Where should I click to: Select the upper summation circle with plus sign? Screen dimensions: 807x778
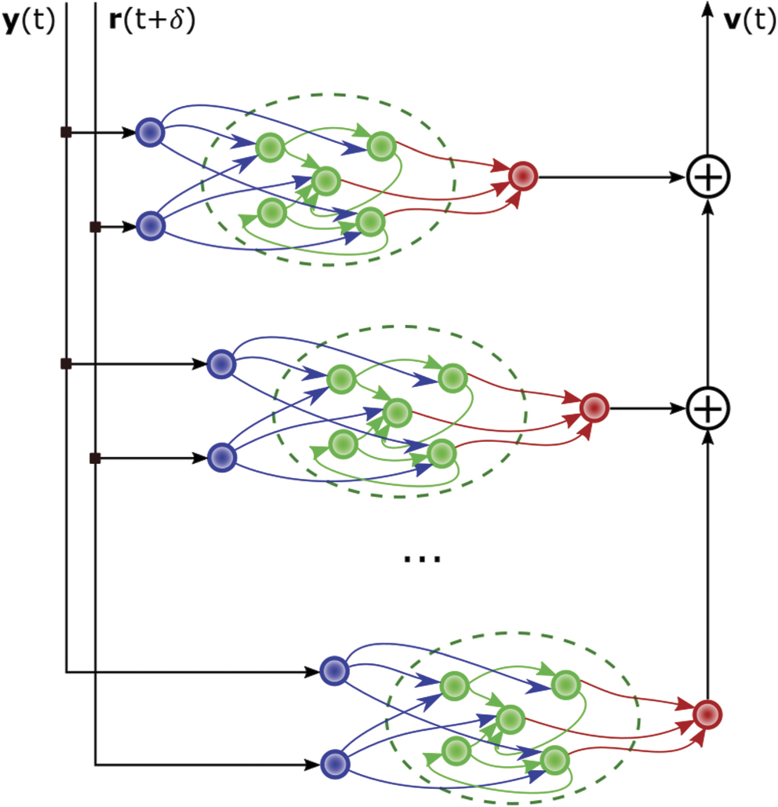tap(708, 177)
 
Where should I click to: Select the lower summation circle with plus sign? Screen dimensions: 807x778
tap(708, 408)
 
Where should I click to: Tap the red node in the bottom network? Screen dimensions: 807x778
tap(707, 714)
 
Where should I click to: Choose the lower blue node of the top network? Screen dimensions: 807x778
tap(149, 226)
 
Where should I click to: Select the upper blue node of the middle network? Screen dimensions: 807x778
tap(221, 363)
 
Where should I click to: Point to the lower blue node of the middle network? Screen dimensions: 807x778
tap(221, 457)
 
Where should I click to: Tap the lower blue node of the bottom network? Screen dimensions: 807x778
tap(335, 763)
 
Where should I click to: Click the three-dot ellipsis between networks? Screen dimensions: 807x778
tap(422, 559)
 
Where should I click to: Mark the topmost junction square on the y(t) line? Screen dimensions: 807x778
tap(66, 133)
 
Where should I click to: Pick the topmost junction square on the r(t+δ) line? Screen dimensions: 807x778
tap(95, 227)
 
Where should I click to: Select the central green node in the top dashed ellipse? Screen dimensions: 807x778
tap(325, 181)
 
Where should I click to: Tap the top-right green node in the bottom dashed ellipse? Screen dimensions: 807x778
tap(563, 685)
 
